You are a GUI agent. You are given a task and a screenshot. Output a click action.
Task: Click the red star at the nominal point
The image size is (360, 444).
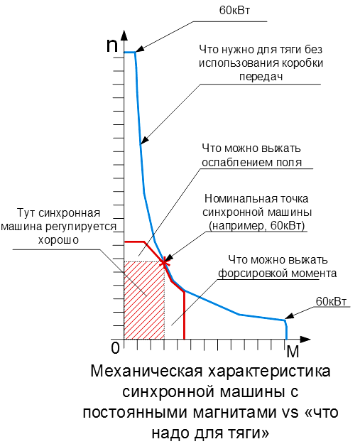pos(164,263)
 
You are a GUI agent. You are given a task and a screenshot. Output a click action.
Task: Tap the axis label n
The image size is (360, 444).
pos(111,45)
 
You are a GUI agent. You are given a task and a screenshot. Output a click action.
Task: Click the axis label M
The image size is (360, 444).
pos(293,352)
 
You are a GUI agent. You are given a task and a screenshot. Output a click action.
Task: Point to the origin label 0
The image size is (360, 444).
pos(115,348)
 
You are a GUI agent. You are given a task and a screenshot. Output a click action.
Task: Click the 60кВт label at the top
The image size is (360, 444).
pos(234,11)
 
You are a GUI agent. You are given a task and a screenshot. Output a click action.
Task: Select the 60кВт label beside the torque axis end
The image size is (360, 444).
pos(331,301)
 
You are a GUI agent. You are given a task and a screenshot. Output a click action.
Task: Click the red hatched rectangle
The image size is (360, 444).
pos(144,300)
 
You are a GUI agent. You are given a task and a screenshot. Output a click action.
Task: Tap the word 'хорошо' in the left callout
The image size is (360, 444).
pos(58,240)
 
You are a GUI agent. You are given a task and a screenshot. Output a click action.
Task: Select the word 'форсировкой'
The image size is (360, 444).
pos(247,274)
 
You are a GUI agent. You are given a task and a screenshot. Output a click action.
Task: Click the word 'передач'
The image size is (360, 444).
pos(261,77)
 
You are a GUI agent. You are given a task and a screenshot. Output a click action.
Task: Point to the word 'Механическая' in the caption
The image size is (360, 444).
pos(146,372)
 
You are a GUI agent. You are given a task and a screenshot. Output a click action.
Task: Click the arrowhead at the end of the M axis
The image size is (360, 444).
pos(305,340)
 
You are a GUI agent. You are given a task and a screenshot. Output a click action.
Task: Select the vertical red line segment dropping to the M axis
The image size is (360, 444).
pos(184,315)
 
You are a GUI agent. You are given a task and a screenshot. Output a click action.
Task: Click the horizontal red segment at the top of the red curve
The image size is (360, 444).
pos(135,242)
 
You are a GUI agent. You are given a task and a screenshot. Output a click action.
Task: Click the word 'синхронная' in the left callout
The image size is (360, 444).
pos(70,213)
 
